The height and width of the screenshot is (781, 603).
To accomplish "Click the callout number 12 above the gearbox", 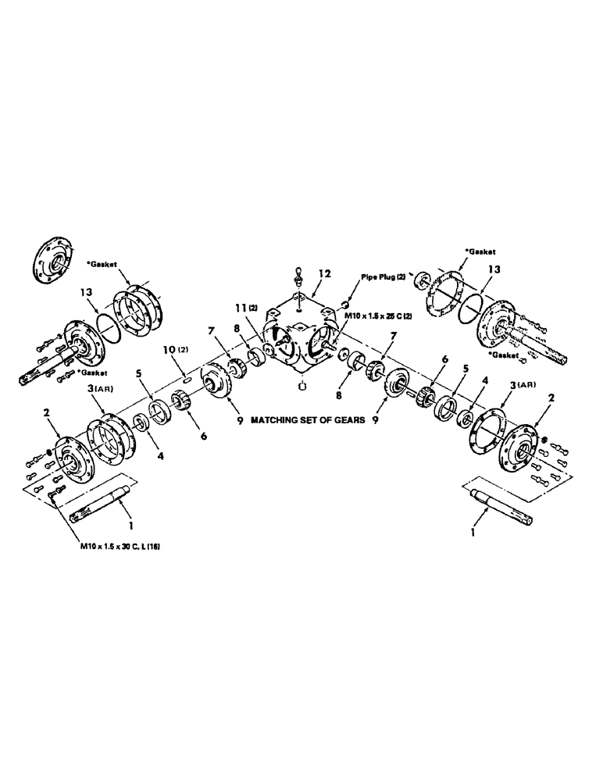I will (324, 273).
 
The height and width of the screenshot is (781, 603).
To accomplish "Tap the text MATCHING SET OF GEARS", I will (309, 419).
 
